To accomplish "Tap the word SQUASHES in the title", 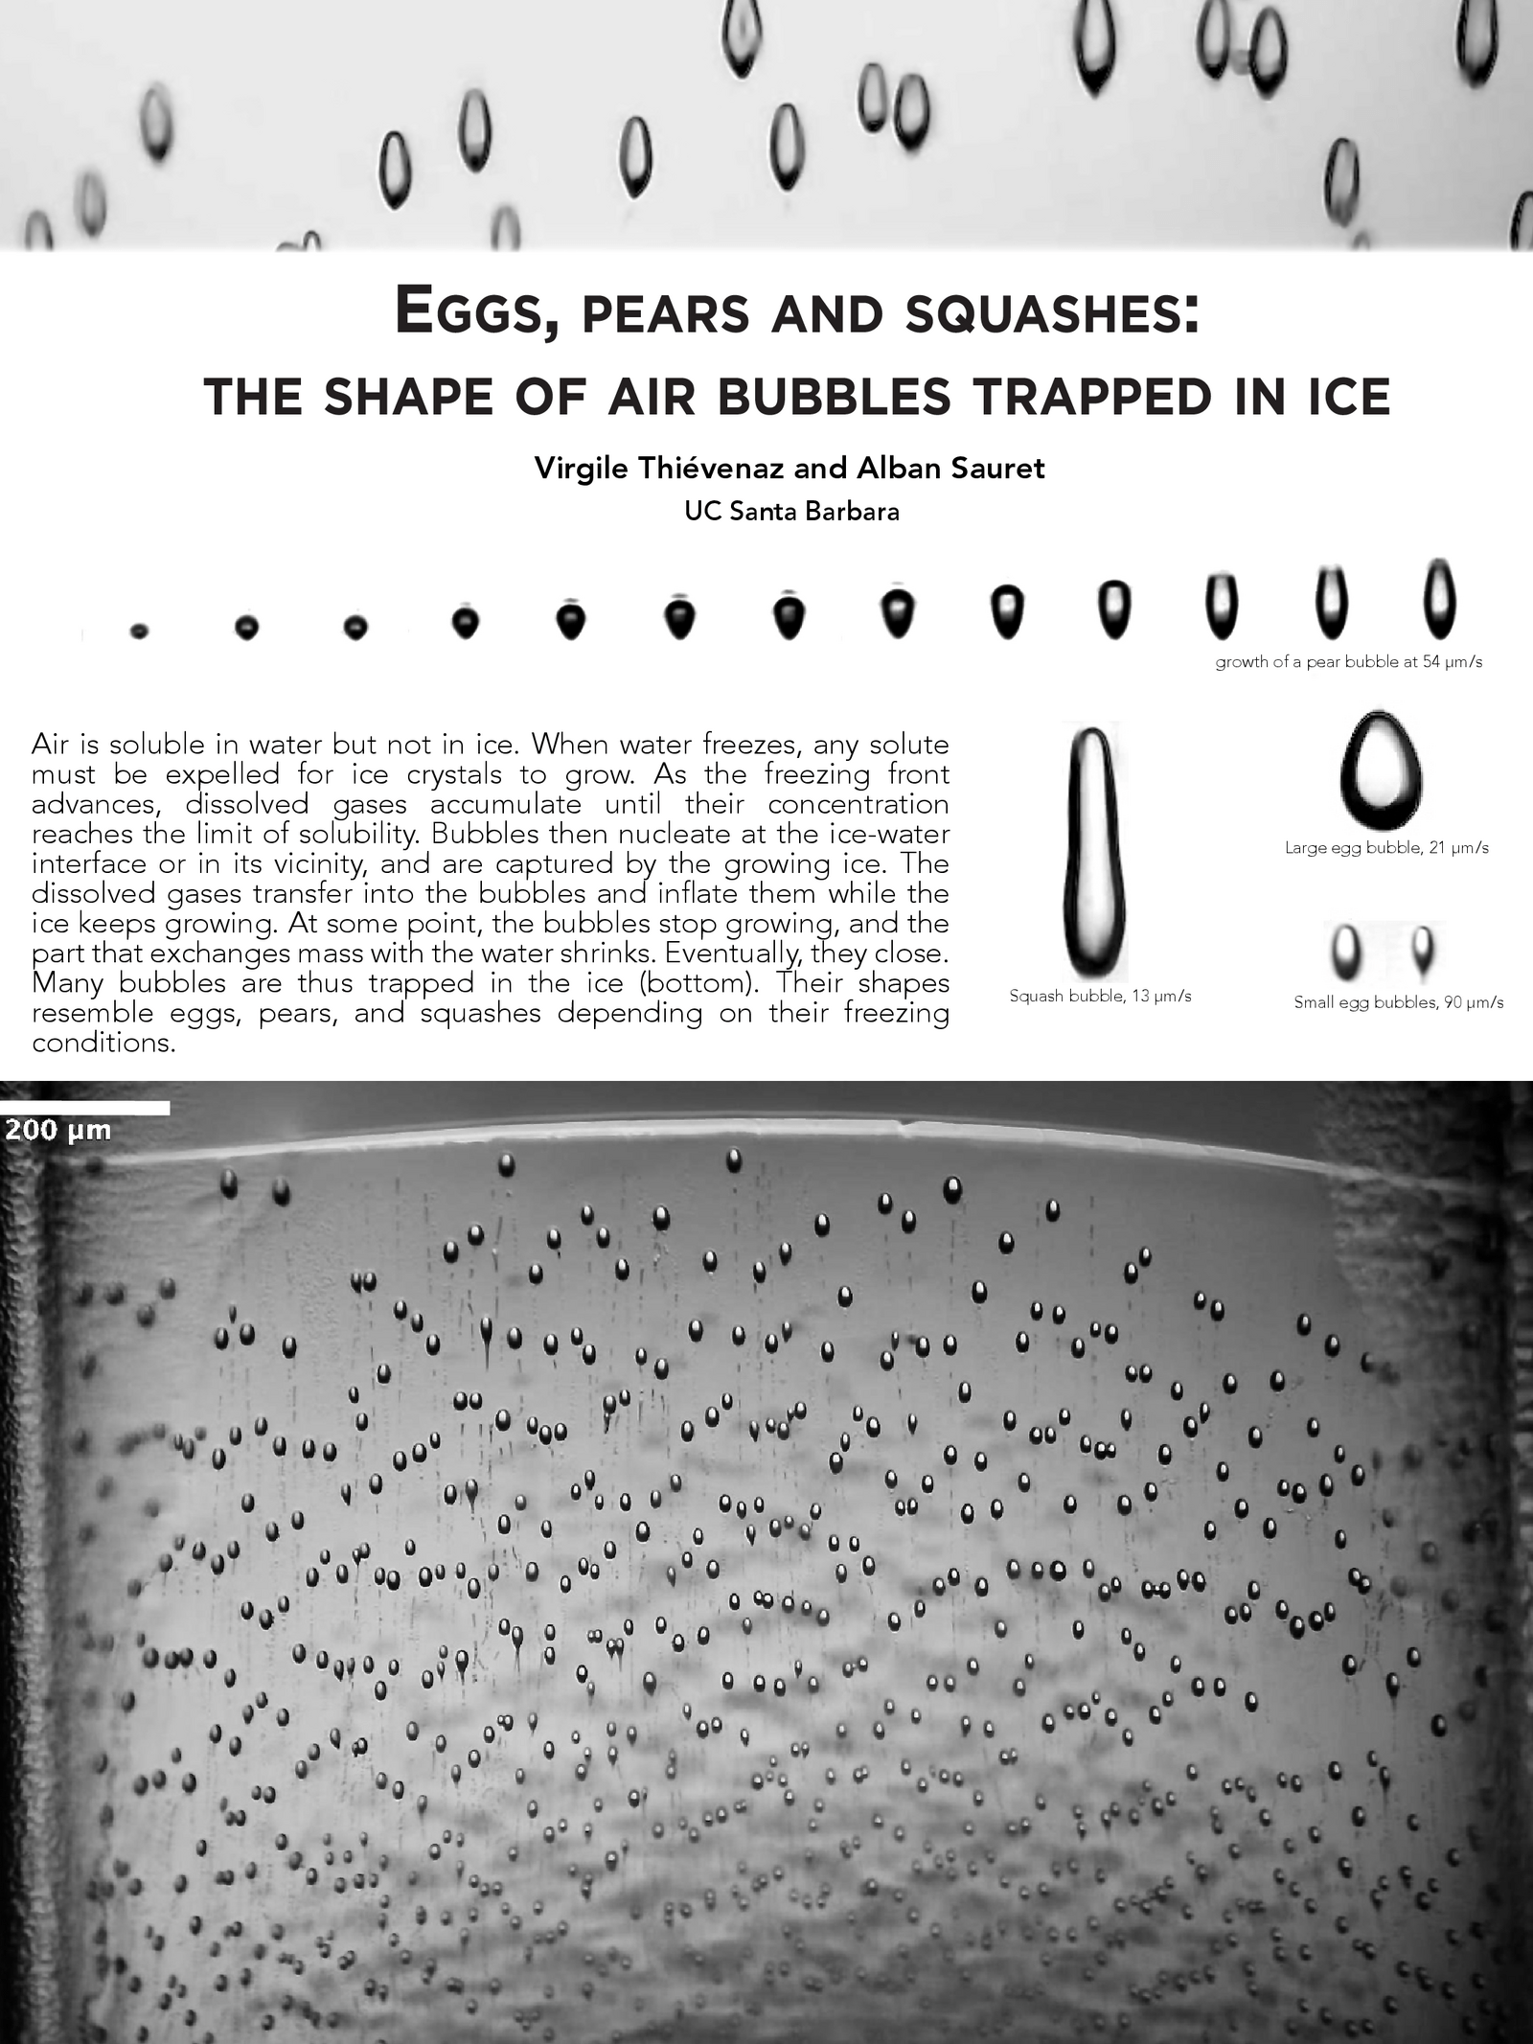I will click(1052, 313).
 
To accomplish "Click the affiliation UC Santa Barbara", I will click(791, 512).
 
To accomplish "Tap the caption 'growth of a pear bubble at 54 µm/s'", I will click(1348, 662).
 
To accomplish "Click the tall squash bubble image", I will click(1093, 850).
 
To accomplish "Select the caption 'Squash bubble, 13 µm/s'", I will click(1100, 997).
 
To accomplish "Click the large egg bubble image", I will click(1381, 770).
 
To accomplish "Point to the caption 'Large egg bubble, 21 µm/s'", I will click(1386, 848).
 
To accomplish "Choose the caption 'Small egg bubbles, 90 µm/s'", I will click(1398, 1003).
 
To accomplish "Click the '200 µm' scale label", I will click(57, 1131).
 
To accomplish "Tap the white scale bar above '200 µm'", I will click(84, 1108).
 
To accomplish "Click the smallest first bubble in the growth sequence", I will click(140, 631).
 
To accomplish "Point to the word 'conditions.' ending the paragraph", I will click(103, 1043).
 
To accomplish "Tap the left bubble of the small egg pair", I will click(1347, 949).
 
